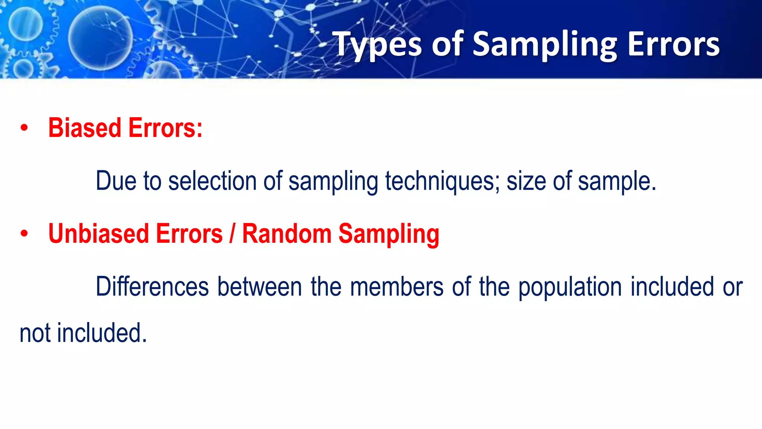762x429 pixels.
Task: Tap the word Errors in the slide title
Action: pos(673,45)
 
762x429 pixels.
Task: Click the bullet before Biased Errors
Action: pos(24,128)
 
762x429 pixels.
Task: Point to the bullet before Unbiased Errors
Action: pos(24,234)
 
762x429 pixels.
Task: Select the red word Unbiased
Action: pos(98,234)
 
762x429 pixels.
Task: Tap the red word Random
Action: pos(286,234)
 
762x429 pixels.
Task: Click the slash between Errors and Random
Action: pos(232,234)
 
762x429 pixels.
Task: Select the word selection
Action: pos(212,181)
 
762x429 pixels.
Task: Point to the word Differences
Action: pos(152,287)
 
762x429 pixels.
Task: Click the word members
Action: pos(397,287)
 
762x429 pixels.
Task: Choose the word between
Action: pos(259,287)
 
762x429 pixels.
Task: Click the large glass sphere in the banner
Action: pos(100,37)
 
